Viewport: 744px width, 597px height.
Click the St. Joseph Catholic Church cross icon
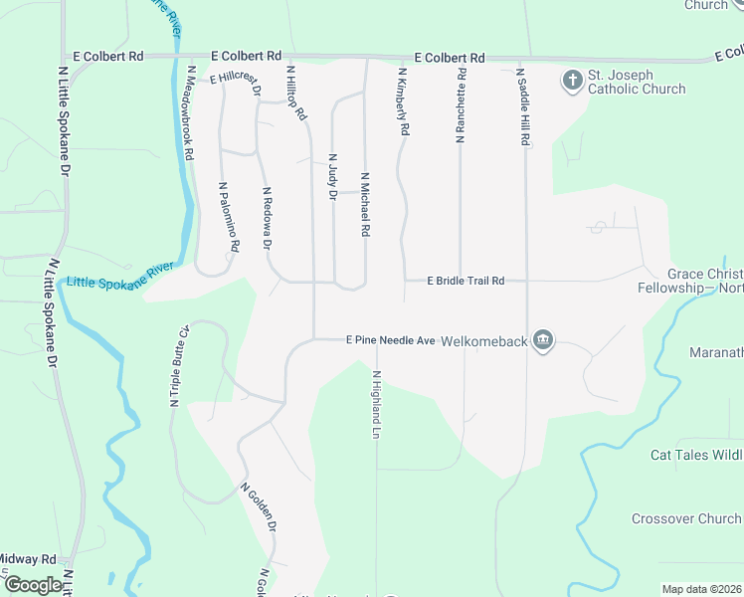[x=572, y=80]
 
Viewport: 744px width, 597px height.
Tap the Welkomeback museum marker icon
[x=543, y=340]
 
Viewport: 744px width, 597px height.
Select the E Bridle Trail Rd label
[x=465, y=282]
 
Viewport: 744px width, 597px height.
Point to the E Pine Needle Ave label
[x=391, y=340]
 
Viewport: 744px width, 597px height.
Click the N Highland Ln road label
[x=376, y=405]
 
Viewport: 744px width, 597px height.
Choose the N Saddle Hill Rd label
[x=521, y=107]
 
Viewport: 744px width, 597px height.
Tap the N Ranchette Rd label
[x=461, y=105]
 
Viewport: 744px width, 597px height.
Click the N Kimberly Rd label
[x=404, y=101]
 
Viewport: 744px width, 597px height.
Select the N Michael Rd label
[x=365, y=204]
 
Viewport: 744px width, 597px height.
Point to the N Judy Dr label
[x=332, y=177]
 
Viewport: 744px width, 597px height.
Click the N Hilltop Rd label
[x=296, y=95]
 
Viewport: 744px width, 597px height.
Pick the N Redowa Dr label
[x=267, y=218]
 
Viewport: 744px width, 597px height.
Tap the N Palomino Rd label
[x=229, y=216]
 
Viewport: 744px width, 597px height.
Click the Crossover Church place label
[x=686, y=519]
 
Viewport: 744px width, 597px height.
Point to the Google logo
[x=33, y=585]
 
